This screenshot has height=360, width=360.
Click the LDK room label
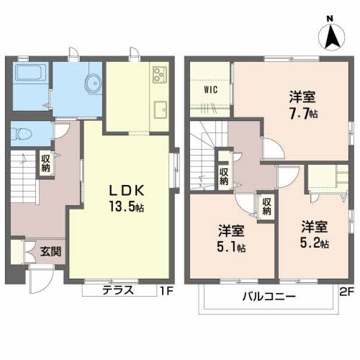pyautogui.click(x=127, y=191)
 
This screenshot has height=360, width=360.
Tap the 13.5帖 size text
pyautogui.click(x=127, y=207)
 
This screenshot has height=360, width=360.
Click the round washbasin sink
pyautogui.click(x=93, y=84)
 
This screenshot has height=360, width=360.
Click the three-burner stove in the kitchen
pyautogui.click(x=160, y=74)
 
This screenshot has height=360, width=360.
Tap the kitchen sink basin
pyautogui.click(x=161, y=109)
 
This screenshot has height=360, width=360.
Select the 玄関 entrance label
pyautogui.click(x=50, y=251)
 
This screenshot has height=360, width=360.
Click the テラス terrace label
pyautogui.click(x=118, y=290)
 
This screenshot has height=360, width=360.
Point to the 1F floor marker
pyautogui.click(x=166, y=291)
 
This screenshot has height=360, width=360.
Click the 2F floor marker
pyautogui.click(x=347, y=292)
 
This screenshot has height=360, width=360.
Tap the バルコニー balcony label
pyautogui.click(x=269, y=297)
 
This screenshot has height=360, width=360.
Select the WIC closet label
pyautogui.click(x=211, y=90)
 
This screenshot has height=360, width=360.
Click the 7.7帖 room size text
pyautogui.click(x=304, y=114)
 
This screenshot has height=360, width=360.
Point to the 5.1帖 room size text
pyautogui.click(x=231, y=248)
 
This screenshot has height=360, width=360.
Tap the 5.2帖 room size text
pyautogui.click(x=315, y=243)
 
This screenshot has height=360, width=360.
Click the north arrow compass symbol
pyautogui.click(x=331, y=37)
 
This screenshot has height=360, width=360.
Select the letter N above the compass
pyautogui.click(x=330, y=19)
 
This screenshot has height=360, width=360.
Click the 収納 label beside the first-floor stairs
pyautogui.click(x=45, y=163)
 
